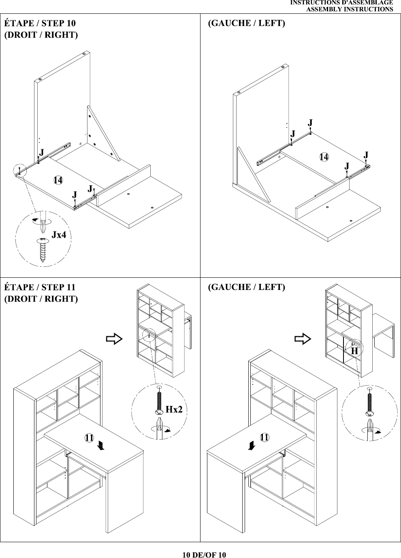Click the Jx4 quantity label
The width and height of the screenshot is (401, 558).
tap(59, 235)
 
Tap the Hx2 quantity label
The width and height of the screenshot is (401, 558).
tap(174, 409)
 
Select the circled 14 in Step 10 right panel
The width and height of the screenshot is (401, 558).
tap(58, 180)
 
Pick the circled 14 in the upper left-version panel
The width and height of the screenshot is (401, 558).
tap(324, 157)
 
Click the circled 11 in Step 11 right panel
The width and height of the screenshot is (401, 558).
tap(89, 437)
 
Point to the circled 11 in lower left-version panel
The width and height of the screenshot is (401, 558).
tap(264, 437)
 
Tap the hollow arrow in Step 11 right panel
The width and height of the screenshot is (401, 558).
tap(115, 339)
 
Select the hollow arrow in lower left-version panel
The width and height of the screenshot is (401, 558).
tap(303, 339)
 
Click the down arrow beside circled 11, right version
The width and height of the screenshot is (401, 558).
tap(101, 445)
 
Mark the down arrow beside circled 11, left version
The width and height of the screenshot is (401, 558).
tap(252, 445)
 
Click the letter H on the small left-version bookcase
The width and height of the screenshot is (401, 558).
tap(354, 351)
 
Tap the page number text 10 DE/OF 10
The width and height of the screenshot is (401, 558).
tap(204, 554)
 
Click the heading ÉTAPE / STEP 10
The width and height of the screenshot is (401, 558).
tap(40, 23)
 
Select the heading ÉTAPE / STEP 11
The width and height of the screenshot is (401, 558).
tap(40, 287)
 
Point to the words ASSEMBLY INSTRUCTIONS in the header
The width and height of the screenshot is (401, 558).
tap(350, 9)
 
